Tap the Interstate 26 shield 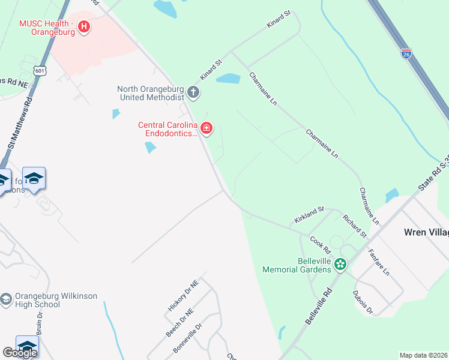point(406,55)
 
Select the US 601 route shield point(40,71)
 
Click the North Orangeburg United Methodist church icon point(193,92)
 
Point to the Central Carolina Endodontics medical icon point(206,128)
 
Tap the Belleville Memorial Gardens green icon point(340,264)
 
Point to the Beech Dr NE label point(179,323)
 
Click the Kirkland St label point(309,215)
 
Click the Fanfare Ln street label point(379,262)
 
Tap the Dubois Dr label point(363,303)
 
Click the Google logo point(20,352)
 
